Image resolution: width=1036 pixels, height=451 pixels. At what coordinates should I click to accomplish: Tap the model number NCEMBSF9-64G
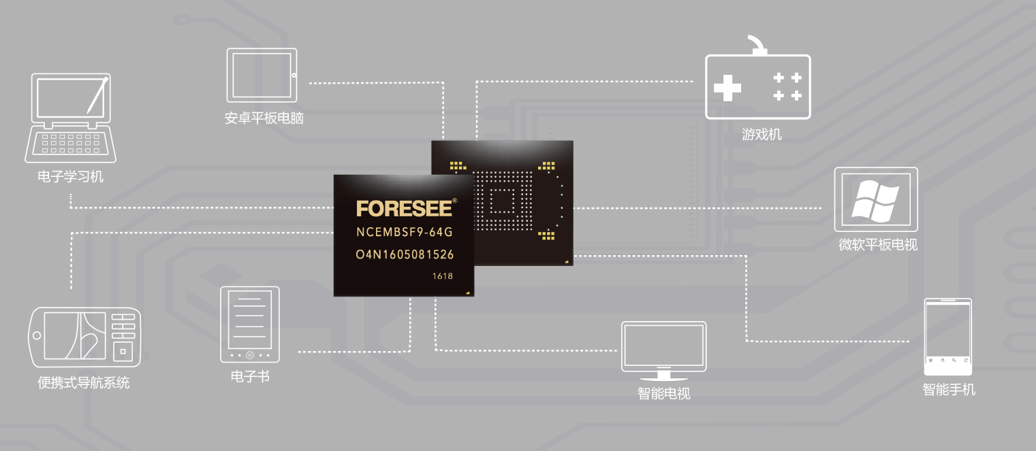click(x=404, y=232)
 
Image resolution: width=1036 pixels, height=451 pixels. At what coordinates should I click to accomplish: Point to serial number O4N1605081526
click(x=405, y=254)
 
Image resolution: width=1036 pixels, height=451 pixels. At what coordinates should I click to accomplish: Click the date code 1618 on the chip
click(x=443, y=276)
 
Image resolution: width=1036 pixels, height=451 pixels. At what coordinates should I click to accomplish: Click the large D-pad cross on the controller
click(x=727, y=87)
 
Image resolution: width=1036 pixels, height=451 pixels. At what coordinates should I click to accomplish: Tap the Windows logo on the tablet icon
click(x=875, y=201)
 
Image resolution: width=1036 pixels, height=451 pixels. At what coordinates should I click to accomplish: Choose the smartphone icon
click(x=947, y=337)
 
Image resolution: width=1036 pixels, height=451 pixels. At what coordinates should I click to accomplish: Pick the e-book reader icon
click(x=250, y=324)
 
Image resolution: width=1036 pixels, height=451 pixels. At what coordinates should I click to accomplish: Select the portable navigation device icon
click(x=84, y=337)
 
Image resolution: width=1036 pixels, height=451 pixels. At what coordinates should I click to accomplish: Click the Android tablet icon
click(x=262, y=75)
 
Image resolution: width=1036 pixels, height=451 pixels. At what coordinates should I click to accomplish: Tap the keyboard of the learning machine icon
click(x=70, y=144)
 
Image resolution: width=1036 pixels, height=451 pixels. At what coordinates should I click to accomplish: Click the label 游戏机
click(x=762, y=135)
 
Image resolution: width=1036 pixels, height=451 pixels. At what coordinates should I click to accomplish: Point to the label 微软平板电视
click(x=878, y=244)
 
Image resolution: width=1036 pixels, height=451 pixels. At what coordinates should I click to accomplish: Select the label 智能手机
click(x=949, y=390)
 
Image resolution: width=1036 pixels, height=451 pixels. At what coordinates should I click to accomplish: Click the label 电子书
click(x=250, y=377)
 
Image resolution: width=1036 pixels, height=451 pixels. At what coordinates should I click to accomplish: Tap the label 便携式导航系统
click(x=84, y=382)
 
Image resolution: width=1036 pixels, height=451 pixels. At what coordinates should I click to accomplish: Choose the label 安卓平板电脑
click(x=264, y=118)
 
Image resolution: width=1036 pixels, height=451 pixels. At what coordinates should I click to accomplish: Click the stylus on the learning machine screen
click(x=97, y=96)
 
